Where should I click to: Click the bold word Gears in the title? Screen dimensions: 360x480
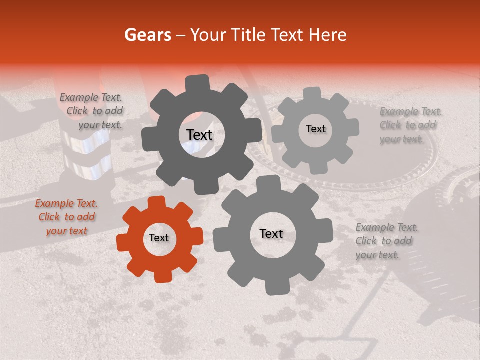coord(147,35)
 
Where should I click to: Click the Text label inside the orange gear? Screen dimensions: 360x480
coord(159,238)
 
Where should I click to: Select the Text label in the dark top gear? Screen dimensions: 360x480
coord(199,135)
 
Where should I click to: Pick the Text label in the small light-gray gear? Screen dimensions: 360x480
coord(315,129)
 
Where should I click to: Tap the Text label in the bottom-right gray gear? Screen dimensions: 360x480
coord(271,233)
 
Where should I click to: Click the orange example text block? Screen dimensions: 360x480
coord(66,217)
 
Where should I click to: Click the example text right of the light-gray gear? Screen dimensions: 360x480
coord(410,125)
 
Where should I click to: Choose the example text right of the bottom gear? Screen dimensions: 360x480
coord(386,241)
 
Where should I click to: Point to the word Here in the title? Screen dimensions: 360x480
coord(328,35)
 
